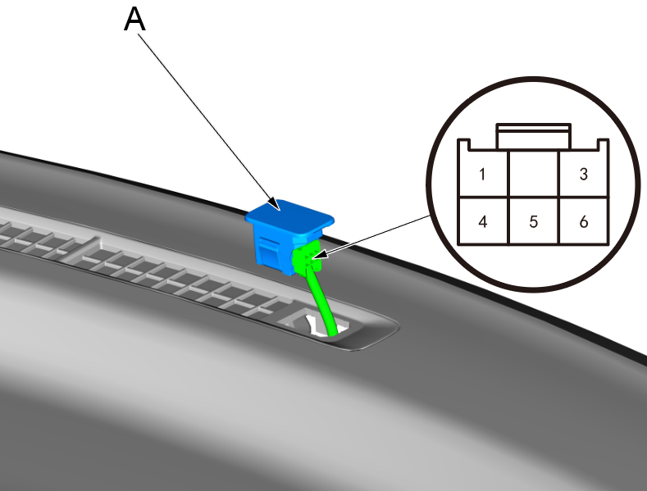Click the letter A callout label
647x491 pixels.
point(134,20)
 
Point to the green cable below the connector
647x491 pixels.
point(321,303)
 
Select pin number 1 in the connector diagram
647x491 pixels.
point(483,174)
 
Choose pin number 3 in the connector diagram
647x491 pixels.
point(583,174)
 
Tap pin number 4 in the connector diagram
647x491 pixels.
point(483,221)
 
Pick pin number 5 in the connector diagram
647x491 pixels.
point(533,221)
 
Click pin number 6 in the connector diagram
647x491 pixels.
point(583,221)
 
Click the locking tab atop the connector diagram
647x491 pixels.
point(533,136)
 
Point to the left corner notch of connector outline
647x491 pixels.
point(464,145)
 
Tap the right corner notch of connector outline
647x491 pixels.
point(602,145)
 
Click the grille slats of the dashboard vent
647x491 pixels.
point(164,271)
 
